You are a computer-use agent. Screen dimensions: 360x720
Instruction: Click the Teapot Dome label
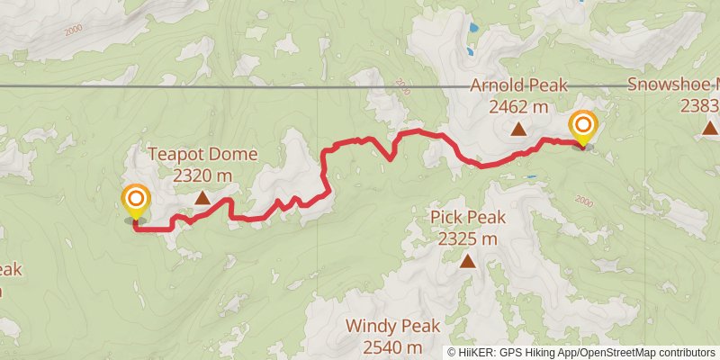pyautogui.click(x=202, y=154)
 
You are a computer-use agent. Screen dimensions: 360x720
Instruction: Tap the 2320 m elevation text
pyautogui.click(x=202, y=175)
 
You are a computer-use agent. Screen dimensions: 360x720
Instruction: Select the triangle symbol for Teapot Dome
pyautogui.click(x=202, y=197)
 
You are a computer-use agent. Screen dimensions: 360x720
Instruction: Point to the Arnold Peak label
pyautogui.click(x=518, y=85)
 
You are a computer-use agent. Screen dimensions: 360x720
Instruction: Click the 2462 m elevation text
pyautogui.click(x=518, y=106)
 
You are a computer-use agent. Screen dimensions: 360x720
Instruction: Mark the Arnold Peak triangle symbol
pyautogui.click(x=518, y=130)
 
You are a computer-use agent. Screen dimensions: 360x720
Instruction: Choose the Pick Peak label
pyautogui.click(x=468, y=217)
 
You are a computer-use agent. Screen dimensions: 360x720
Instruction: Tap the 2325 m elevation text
pyautogui.click(x=468, y=238)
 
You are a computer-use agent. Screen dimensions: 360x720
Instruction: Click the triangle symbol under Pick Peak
pyautogui.click(x=468, y=262)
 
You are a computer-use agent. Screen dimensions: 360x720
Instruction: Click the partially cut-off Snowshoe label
pyautogui.click(x=673, y=85)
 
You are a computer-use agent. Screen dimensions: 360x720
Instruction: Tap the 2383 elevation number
pyautogui.click(x=699, y=106)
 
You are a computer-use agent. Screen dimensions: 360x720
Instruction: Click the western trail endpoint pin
pyautogui.click(x=136, y=200)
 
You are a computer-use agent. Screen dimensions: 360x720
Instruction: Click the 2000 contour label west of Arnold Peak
pyautogui.click(x=401, y=88)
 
